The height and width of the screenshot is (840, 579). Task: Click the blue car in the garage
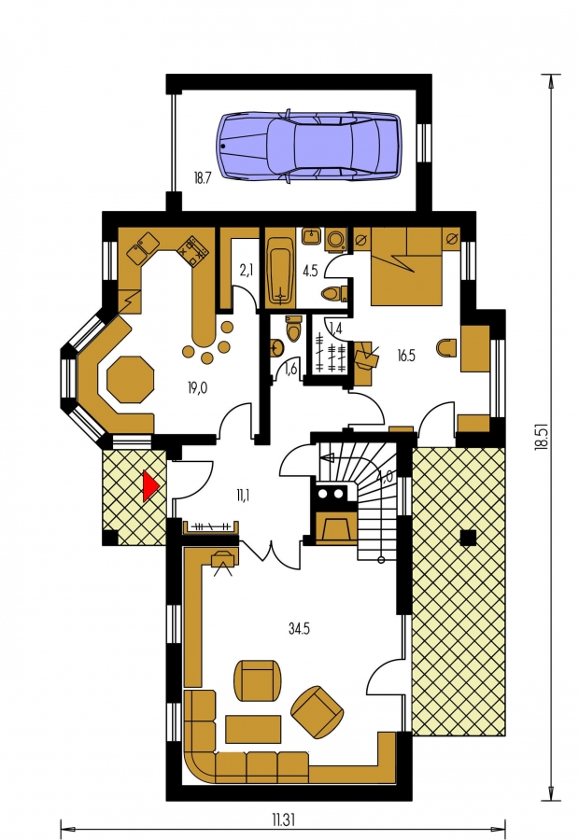[309, 145]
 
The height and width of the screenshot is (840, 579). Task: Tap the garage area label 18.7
[202, 179]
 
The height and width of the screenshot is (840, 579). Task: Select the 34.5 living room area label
[299, 628]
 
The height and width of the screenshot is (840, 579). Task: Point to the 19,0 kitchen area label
[197, 388]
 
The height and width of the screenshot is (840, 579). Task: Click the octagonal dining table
[131, 379]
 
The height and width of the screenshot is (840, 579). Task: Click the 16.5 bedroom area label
[406, 356]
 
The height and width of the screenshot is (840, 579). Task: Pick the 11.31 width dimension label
[284, 820]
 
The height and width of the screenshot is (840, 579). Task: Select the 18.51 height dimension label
[543, 437]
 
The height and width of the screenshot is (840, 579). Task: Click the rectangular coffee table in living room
[253, 729]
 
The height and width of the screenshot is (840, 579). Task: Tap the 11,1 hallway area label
[242, 494]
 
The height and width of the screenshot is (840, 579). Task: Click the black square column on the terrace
[468, 538]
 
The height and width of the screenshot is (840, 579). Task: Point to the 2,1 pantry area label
[246, 271]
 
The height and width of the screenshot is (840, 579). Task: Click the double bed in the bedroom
[407, 267]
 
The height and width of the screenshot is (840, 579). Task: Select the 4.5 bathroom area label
[310, 271]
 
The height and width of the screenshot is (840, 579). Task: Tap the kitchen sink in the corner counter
[142, 247]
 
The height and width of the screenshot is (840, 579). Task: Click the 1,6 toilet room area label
[291, 368]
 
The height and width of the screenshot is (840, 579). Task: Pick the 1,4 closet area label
[335, 327]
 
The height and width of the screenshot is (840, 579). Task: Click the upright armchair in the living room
[258, 679]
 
